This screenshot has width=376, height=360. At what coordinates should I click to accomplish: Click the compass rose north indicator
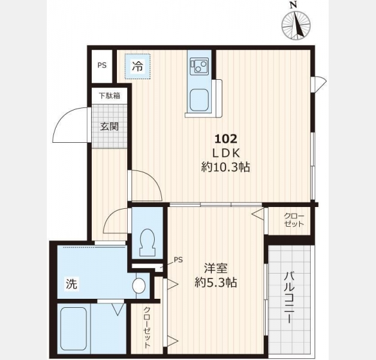(x=296, y=24)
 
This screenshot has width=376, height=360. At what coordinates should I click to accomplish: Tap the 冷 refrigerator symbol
(x=138, y=67)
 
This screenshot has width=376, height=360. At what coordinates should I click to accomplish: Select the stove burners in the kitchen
(x=198, y=65)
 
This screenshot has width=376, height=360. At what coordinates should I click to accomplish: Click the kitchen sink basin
(x=198, y=100)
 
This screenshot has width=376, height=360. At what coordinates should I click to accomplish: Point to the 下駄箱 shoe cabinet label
(x=110, y=96)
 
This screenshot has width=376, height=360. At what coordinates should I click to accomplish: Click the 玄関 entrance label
(x=109, y=127)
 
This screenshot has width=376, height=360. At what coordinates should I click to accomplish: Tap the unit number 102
(x=225, y=139)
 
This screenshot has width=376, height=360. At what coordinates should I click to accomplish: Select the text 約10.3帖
(x=225, y=167)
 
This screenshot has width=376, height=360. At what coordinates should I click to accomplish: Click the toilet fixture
(x=147, y=242)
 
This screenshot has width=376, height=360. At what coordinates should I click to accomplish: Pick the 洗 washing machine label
(x=72, y=284)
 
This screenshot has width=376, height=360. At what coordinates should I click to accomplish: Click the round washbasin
(x=139, y=286)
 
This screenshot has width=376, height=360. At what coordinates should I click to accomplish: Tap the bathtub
(x=73, y=329)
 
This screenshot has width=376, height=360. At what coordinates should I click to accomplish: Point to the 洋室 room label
(x=216, y=268)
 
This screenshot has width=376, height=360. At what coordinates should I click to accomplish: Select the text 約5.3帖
(x=216, y=283)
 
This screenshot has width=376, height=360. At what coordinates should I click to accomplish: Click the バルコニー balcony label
(x=288, y=297)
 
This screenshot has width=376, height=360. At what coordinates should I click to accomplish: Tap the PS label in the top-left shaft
(x=102, y=65)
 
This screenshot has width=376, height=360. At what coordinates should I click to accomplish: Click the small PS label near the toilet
(x=178, y=260)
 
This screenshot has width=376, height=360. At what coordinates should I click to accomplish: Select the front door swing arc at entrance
(x=70, y=124)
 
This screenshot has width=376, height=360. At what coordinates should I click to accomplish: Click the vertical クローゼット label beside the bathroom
(x=147, y=328)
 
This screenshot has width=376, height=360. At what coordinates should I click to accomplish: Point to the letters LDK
(x=225, y=153)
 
